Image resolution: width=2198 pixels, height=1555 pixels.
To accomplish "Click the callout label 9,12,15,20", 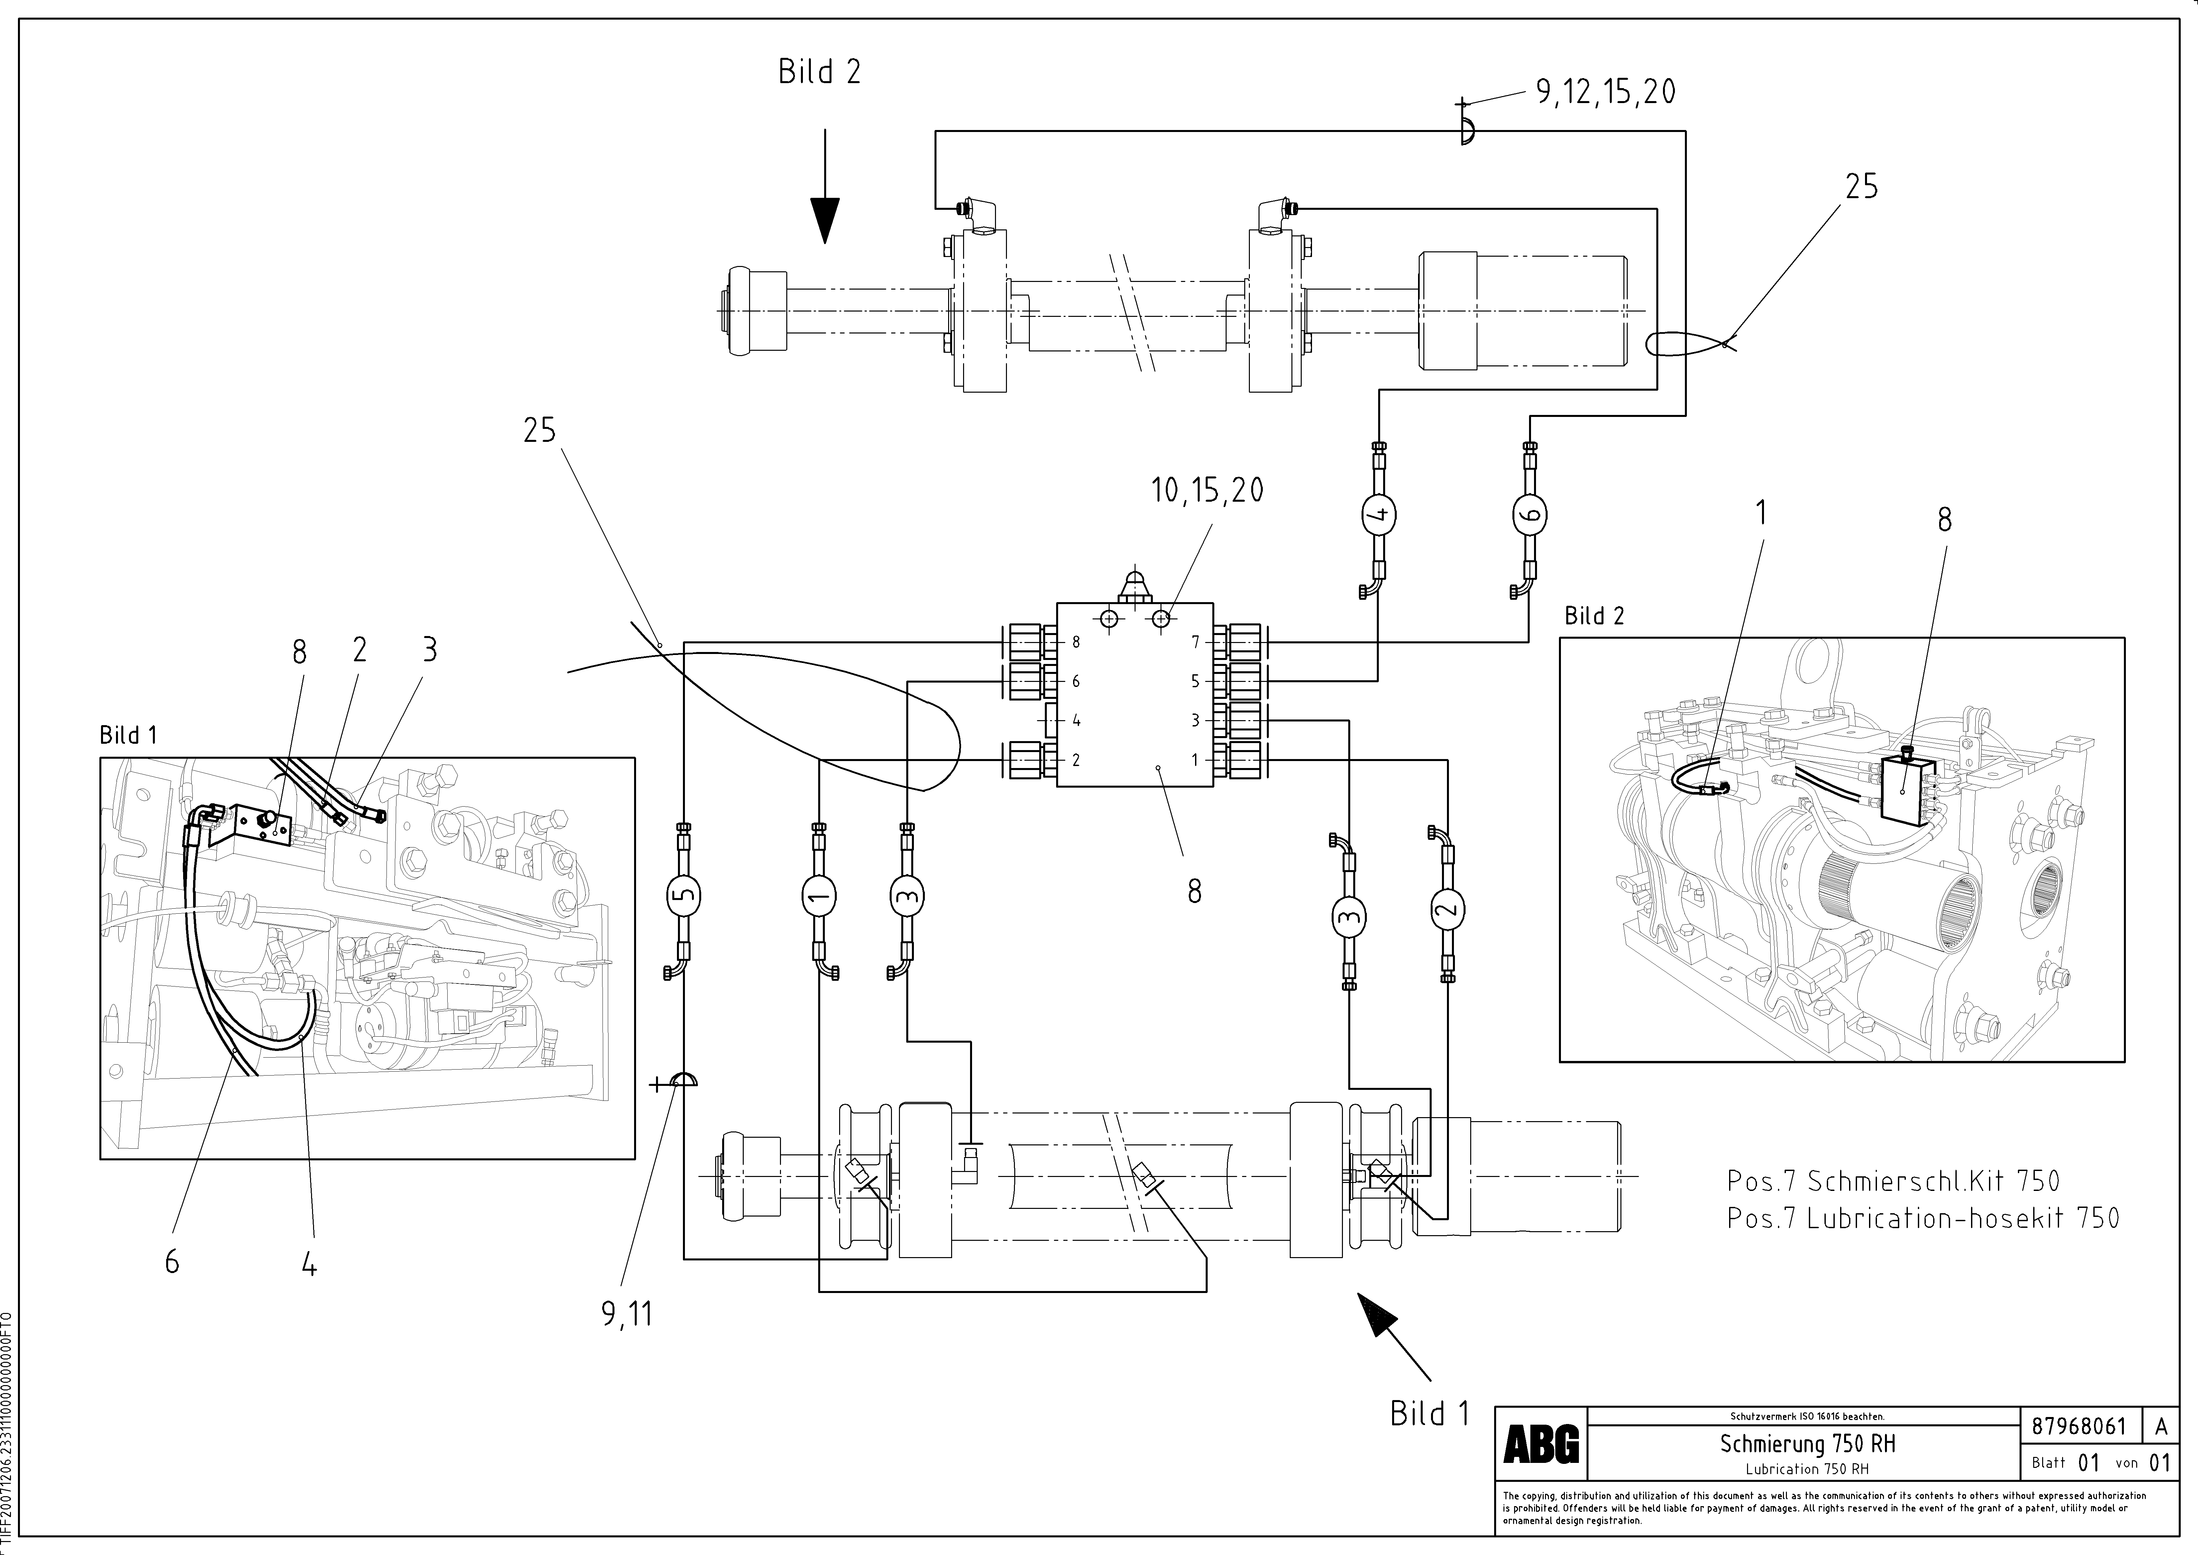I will pos(1605,92).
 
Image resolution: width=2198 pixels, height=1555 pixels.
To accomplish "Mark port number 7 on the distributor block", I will pos(1195,642).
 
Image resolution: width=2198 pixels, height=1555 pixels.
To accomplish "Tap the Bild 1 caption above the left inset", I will pos(128,735).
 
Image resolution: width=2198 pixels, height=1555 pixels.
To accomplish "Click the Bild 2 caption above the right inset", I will pos(1594,616).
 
